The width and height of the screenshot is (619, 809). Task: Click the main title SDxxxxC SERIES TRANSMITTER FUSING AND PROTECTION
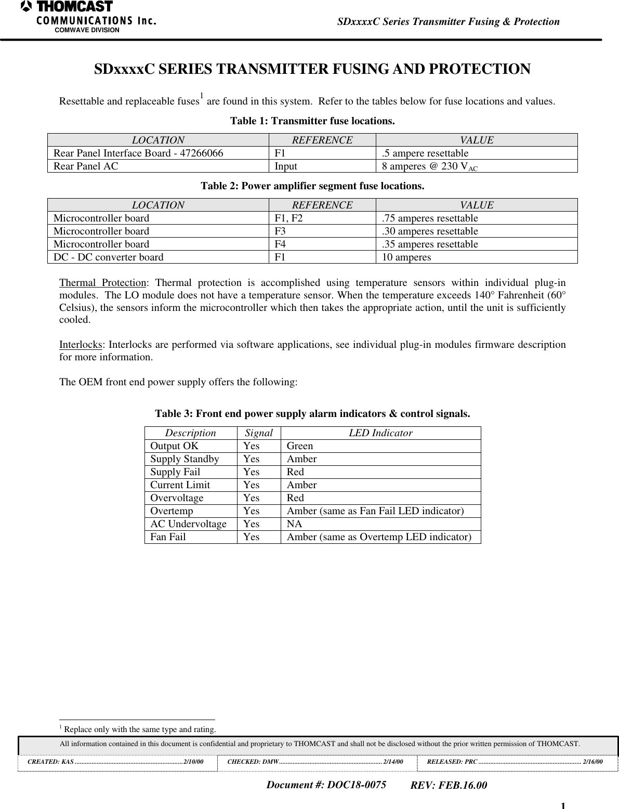click(x=312, y=69)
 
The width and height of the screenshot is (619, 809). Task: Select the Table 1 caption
click(x=312, y=121)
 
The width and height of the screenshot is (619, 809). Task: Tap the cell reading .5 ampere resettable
click(x=425, y=153)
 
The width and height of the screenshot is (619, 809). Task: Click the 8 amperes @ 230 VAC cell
click(x=430, y=166)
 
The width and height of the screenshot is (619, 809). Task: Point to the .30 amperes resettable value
click(x=430, y=231)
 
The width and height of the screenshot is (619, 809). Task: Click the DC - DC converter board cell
click(x=109, y=257)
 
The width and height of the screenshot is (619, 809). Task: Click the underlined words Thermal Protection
click(x=102, y=283)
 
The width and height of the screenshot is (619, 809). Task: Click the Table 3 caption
click(x=312, y=414)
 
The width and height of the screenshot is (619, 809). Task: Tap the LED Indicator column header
click(x=380, y=433)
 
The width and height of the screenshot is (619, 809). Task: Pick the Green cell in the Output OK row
click(x=300, y=446)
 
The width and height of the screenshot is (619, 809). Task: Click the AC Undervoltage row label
click(x=188, y=524)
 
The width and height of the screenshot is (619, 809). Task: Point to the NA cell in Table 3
click(x=294, y=524)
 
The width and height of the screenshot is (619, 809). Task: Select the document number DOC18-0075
click(x=326, y=785)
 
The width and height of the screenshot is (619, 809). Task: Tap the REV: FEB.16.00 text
click(x=449, y=785)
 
